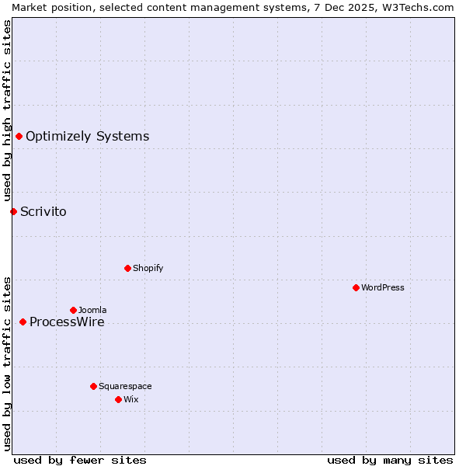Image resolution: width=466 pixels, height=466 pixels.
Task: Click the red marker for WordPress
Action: click(356, 287)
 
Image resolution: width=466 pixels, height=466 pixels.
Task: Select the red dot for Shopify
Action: click(127, 268)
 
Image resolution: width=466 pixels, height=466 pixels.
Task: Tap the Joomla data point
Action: click(73, 310)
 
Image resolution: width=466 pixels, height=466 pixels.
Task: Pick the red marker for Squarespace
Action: click(93, 386)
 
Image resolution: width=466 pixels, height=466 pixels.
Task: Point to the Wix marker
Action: click(118, 399)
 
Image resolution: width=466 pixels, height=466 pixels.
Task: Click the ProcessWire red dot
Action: click(23, 322)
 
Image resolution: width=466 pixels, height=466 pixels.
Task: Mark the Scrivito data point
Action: click(13, 211)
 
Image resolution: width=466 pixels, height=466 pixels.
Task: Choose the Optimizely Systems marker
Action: click(19, 137)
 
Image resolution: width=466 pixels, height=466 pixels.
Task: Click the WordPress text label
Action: click(383, 287)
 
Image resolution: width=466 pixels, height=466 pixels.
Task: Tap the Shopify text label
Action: click(148, 268)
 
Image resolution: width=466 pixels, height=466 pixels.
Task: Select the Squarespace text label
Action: click(125, 386)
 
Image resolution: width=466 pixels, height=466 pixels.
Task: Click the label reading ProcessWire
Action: click(67, 322)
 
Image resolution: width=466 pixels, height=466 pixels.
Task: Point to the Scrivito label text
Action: click(43, 211)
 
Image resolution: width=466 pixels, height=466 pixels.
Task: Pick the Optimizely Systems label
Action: click(87, 137)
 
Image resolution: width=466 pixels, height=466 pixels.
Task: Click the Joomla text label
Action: click(92, 310)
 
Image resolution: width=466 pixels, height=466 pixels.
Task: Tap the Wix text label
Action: click(131, 399)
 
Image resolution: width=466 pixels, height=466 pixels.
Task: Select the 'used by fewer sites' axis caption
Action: click(80, 460)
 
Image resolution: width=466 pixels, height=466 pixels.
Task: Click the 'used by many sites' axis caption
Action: click(390, 460)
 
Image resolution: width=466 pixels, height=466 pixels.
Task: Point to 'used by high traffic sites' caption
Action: click(8, 111)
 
